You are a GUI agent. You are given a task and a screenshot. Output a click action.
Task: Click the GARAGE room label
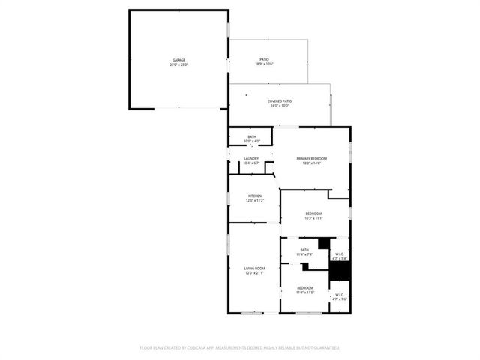(178, 60)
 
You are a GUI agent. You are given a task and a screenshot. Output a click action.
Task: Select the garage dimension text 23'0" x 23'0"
(178, 65)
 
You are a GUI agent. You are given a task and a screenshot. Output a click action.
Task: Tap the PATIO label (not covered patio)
(264, 59)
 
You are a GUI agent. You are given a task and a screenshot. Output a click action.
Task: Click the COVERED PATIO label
(280, 100)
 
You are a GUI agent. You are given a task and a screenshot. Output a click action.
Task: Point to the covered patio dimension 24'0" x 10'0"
(280, 106)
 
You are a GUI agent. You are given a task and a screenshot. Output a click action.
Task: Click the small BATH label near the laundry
(252, 136)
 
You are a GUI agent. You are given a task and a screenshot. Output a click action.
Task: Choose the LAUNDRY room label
(252, 158)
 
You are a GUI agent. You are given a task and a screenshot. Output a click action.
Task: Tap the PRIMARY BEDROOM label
(311, 158)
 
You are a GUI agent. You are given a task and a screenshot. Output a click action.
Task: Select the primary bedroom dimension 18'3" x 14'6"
(311, 163)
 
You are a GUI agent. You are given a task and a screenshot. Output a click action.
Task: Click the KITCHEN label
(255, 196)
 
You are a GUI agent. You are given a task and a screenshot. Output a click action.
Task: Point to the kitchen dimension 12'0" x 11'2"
(255, 201)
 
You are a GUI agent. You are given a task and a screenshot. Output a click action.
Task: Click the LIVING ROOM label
(255, 268)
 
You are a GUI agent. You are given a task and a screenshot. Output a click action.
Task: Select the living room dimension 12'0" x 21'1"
(255, 273)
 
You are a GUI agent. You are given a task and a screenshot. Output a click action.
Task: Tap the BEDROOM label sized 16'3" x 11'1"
(313, 214)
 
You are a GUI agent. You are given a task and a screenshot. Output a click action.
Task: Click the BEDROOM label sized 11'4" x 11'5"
(305, 288)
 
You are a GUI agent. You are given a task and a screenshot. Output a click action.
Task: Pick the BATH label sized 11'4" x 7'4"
(304, 250)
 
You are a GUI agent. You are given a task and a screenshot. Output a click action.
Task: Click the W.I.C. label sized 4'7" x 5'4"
(340, 253)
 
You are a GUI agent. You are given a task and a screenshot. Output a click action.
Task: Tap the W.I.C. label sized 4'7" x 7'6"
(340, 294)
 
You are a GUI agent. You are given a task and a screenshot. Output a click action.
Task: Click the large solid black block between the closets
(340, 271)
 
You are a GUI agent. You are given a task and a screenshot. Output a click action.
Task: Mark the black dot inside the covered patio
(246, 94)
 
